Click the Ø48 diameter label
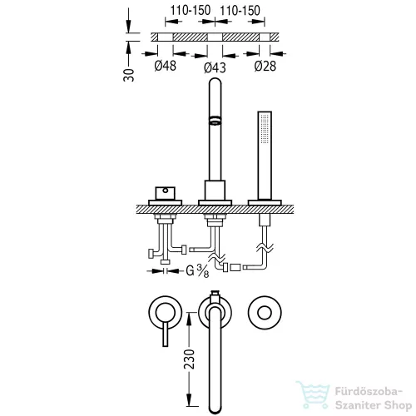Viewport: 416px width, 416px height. coord(166,66)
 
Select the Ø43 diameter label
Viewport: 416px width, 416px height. coord(215,67)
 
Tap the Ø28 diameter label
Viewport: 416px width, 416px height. coord(265,67)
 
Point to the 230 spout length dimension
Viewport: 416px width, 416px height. coord(190,359)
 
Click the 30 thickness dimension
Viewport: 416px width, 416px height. coord(129,75)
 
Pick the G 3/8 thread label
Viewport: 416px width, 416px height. coord(197,270)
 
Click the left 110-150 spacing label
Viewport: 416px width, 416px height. coord(191,11)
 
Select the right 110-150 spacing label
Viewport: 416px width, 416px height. coord(240,11)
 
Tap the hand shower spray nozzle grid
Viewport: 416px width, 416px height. coord(265,129)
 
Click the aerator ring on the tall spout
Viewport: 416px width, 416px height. coord(215,120)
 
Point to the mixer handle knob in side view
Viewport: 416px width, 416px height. coord(166,193)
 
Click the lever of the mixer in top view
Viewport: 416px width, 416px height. coord(166,334)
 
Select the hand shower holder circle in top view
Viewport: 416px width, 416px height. coord(265,313)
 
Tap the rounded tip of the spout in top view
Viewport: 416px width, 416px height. coord(215,409)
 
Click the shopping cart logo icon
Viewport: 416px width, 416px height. coord(314,395)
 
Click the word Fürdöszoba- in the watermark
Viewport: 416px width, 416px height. coord(369,392)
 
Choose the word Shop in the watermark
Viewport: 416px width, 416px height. coord(399,405)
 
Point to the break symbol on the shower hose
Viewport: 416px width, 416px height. coord(265,248)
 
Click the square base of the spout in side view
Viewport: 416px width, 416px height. coord(215,191)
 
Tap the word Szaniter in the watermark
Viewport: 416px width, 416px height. coord(359,405)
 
